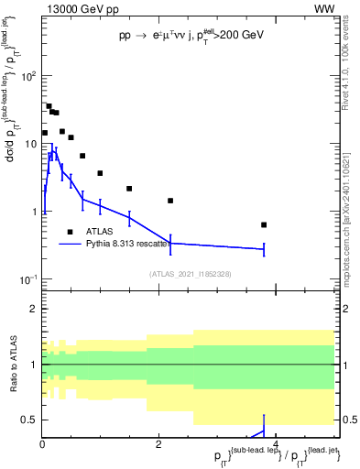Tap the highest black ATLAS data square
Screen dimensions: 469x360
click(49, 106)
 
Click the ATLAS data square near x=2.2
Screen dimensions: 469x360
click(170, 201)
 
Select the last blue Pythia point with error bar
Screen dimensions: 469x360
click(264, 248)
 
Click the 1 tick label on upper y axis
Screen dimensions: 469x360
click(32, 212)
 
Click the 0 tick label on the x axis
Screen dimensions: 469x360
click(42, 444)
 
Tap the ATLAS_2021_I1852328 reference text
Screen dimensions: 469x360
click(190, 273)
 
